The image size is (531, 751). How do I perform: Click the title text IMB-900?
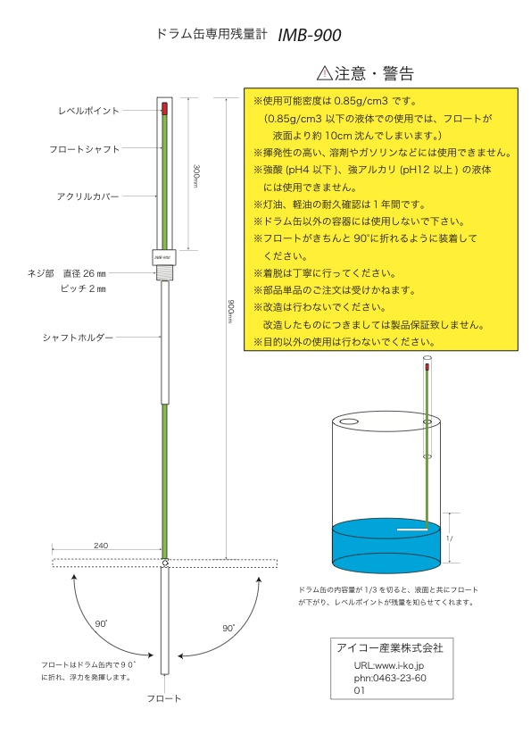click(x=310, y=35)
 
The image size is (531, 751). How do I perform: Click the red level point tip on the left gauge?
click(x=165, y=108)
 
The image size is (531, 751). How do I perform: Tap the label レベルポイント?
click(x=88, y=111)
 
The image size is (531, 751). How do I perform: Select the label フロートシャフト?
click(x=84, y=149)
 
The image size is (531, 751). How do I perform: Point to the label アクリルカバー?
click(x=87, y=196)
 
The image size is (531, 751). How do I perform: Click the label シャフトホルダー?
click(x=78, y=338)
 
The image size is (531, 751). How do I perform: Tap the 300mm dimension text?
click(x=195, y=176)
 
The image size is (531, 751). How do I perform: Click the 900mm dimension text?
click(x=230, y=312)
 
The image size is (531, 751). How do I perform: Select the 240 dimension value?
click(x=101, y=546)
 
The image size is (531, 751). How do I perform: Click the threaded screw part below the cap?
click(x=165, y=272)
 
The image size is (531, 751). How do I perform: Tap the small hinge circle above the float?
click(x=165, y=563)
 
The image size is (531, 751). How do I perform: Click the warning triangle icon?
click(x=325, y=73)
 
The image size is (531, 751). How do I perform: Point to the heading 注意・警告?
click(x=374, y=73)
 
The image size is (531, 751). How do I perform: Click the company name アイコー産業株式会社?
click(x=390, y=648)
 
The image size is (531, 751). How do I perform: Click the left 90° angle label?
click(x=101, y=623)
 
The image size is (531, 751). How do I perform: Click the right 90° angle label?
click(x=228, y=628)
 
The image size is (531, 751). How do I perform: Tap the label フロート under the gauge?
click(x=164, y=698)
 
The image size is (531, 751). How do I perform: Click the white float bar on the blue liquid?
click(x=412, y=530)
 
